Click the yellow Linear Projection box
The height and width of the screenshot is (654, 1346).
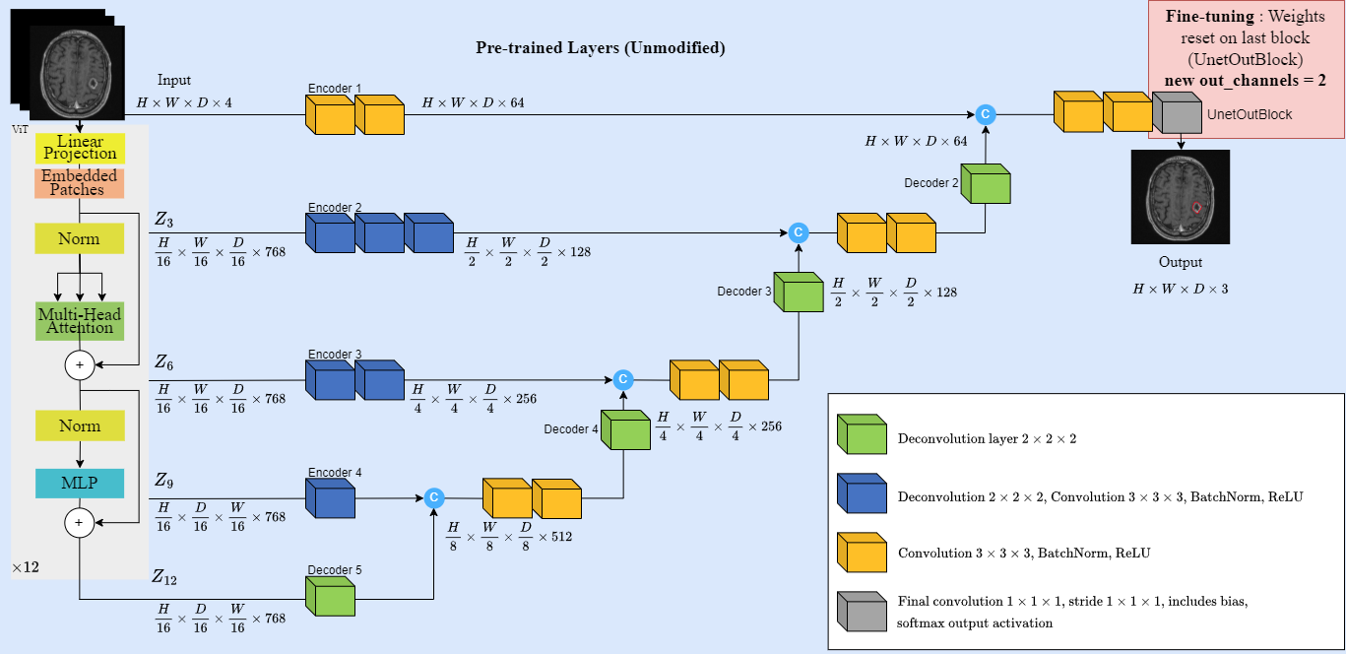point(80,148)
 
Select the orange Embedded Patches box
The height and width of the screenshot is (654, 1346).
point(80,183)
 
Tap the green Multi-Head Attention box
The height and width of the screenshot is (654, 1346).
point(80,321)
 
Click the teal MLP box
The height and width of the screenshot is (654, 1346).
point(80,484)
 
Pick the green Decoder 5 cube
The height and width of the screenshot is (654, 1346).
point(331,596)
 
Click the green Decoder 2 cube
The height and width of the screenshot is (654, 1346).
point(986,184)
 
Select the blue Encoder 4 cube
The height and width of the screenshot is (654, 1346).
point(331,498)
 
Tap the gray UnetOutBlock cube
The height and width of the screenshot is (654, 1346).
point(1178,112)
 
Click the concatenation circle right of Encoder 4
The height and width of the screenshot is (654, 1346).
point(434,497)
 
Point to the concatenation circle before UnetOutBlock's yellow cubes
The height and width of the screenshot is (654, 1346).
point(986,114)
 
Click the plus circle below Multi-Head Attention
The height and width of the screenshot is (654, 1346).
point(80,364)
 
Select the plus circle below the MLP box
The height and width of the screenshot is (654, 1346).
point(80,522)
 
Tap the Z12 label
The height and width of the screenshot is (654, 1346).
point(164,577)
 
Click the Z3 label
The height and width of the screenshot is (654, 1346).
point(164,220)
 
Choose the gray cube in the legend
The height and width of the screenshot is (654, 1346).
point(862,612)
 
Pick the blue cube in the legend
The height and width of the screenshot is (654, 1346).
point(862,492)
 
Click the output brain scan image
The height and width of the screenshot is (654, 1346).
point(1181,197)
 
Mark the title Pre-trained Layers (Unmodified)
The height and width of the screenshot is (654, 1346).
point(601,48)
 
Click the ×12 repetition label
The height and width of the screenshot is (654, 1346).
point(26,567)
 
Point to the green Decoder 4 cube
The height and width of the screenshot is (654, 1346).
point(625,429)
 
